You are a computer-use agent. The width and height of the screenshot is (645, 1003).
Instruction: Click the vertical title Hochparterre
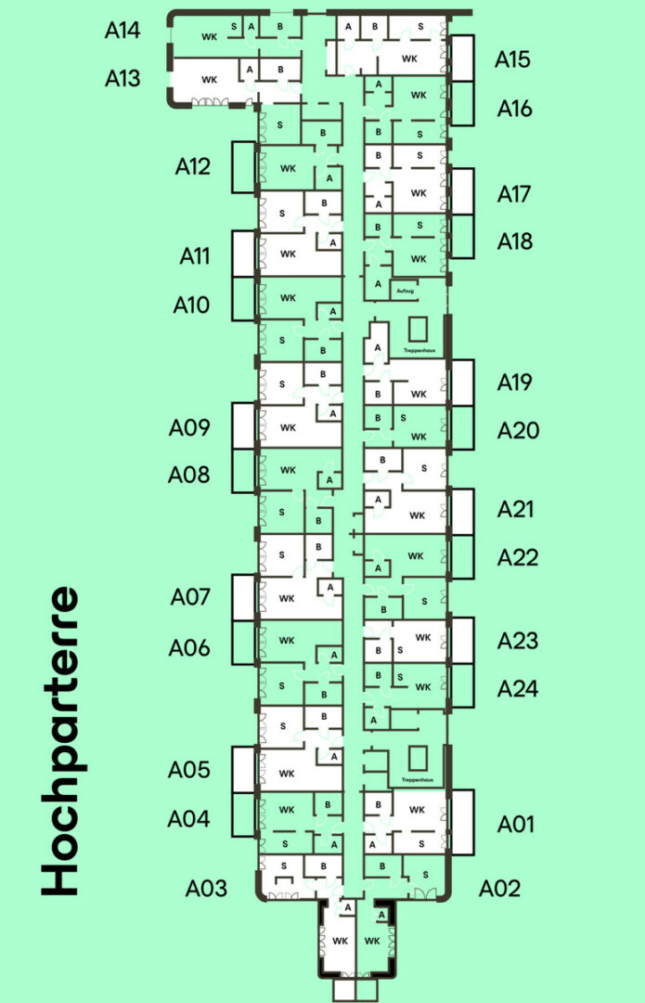click(60, 741)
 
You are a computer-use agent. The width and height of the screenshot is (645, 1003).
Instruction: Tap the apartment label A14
click(123, 31)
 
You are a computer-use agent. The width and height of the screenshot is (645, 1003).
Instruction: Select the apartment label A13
click(123, 78)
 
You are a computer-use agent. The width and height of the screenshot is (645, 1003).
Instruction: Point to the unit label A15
click(512, 60)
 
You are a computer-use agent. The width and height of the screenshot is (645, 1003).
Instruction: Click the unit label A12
click(193, 167)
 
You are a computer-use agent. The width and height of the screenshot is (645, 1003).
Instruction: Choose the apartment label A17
click(514, 195)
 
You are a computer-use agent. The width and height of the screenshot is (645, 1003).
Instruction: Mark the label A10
click(192, 305)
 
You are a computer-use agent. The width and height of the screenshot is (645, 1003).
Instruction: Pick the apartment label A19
click(515, 382)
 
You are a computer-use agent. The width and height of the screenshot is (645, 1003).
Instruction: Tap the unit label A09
click(189, 428)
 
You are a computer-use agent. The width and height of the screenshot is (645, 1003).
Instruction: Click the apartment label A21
click(515, 509)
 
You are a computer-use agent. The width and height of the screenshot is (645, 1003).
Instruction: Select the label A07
click(190, 597)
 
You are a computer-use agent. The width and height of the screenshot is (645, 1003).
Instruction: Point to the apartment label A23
click(517, 641)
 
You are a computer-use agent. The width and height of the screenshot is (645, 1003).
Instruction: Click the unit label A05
click(188, 770)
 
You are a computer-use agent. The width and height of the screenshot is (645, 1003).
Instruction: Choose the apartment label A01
click(516, 824)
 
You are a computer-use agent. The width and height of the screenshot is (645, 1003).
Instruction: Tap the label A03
click(206, 888)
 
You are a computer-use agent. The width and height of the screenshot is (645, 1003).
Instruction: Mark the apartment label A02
click(499, 888)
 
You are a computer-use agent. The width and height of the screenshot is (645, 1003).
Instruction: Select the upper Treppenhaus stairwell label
click(419, 350)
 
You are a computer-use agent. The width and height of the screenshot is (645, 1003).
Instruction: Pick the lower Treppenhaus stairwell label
click(419, 779)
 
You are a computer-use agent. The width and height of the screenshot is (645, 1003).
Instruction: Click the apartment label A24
click(517, 689)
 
